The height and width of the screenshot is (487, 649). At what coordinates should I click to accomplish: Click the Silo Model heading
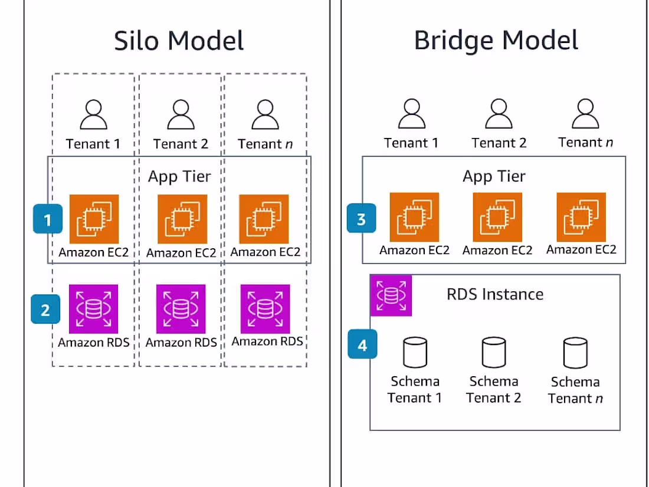[179, 41]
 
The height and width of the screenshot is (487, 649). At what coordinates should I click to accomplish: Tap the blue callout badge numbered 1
[48, 220]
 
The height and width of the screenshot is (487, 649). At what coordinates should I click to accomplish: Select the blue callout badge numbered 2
[45, 310]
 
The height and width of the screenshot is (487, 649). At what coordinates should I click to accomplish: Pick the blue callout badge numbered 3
[361, 219]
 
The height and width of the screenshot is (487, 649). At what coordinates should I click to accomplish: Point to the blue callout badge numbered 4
[362, 344]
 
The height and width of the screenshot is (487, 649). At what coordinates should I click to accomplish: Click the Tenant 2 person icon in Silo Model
[181, 115]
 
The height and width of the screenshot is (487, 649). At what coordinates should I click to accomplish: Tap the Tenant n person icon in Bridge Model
[585, 114]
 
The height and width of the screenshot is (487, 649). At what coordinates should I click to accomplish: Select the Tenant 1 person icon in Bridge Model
[411, 114]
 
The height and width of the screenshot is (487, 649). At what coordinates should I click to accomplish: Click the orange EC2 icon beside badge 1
[94, 219]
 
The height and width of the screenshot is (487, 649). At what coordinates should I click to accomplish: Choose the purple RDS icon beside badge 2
[94, 309]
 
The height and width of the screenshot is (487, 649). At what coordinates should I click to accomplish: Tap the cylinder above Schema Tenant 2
[494, 353]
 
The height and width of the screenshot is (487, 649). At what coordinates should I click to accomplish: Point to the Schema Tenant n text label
[575, 390]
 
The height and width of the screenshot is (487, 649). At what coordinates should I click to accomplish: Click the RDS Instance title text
[495, 294]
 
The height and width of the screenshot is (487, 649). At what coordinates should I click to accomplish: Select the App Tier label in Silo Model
[179, 176]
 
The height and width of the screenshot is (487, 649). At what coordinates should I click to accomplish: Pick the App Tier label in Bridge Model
[494, 176]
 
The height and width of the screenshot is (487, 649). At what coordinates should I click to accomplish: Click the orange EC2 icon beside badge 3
[414, 217]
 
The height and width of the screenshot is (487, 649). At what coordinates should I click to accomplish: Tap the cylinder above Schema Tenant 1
[414, 353]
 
